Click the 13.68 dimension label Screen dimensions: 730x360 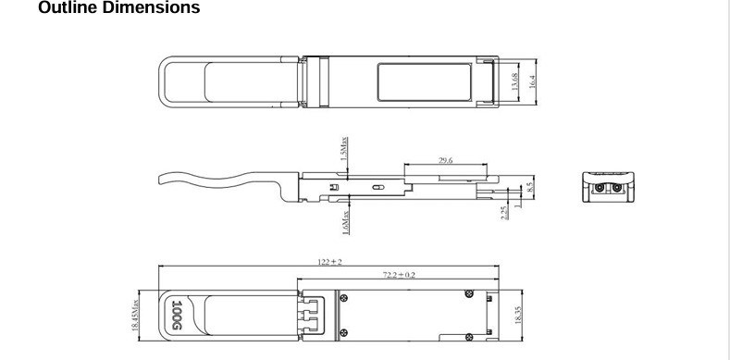coord(514,81)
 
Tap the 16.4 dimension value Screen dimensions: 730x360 coord(532,81)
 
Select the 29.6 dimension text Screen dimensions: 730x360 coord(446,160)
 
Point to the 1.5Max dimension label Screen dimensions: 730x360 coord(344,148)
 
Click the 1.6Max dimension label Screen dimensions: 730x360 coord(345,223)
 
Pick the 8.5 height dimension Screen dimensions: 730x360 coord(529,187)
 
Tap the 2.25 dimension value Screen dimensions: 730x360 coord(504,212)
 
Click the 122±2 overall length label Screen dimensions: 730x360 coord(329,262)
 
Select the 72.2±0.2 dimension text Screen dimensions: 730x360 coord(399,275)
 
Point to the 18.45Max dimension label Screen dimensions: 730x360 coord(135,316)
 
